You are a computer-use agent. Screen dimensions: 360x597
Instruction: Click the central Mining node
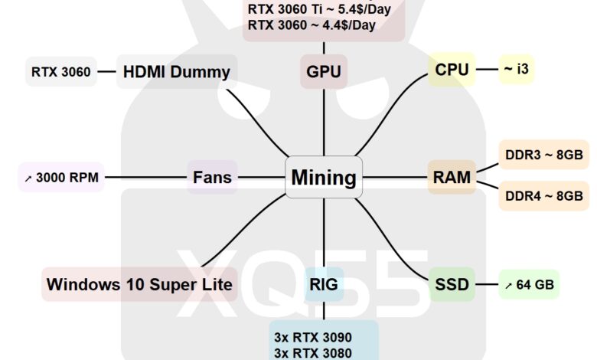tap(323, 178)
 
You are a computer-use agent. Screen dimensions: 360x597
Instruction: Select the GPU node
tap(323, 72)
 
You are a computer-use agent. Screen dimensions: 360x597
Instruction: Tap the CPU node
tap(452, 70)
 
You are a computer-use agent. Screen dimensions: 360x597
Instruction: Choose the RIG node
tap(323, 285)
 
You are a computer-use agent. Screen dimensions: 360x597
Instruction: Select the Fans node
tap(212, 178)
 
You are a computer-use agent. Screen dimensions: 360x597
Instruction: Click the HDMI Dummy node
tap(176, 72)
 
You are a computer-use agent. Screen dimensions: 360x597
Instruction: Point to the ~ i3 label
tap(516, 70)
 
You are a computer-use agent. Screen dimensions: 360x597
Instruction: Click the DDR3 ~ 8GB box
tap(543, 154)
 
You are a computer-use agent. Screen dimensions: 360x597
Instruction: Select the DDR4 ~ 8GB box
tap(543, 196)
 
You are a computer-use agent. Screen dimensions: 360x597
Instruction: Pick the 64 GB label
tap(529, 285)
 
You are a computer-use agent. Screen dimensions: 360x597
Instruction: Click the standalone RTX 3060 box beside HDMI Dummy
tap(61, 72)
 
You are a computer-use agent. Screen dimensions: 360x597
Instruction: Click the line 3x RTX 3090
tap(312, 336)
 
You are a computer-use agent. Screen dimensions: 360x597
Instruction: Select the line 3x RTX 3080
tap(312, 353)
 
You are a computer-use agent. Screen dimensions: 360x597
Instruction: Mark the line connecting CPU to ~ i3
tap(487, 70)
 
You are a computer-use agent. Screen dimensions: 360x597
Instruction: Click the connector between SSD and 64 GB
tap(486, 285)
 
